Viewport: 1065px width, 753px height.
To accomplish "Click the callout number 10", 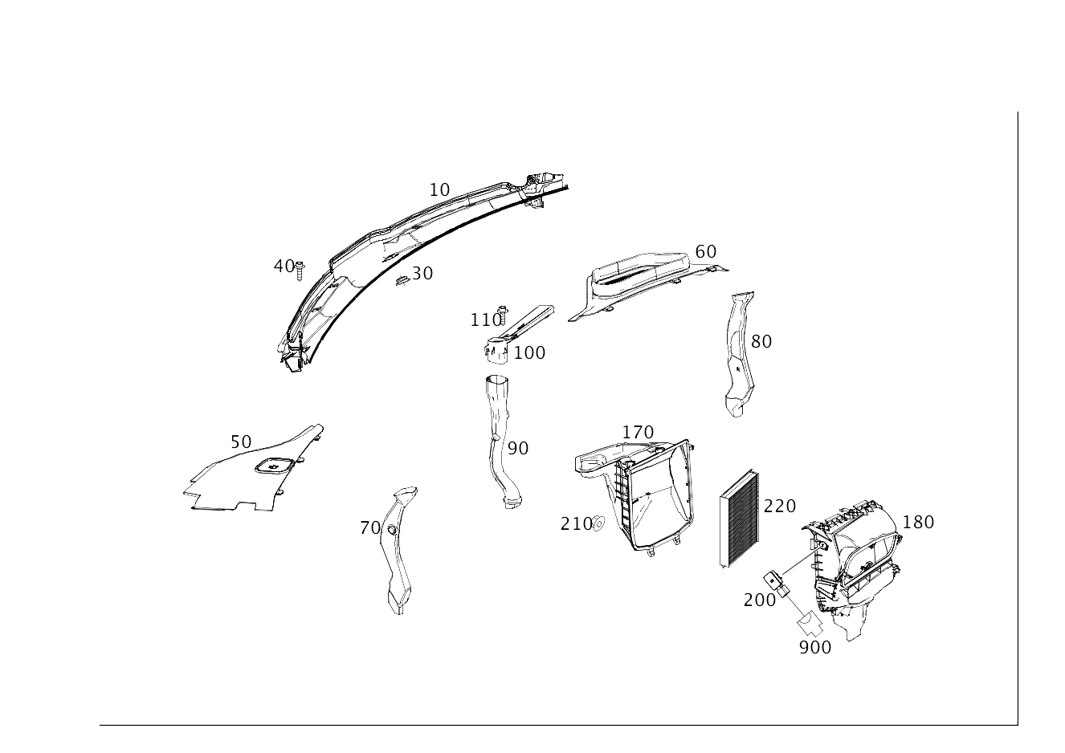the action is (x=439, y=190).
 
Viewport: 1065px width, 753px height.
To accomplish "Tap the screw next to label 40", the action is (x=300, y=271).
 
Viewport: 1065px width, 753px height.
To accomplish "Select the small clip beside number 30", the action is (x=402, y=281).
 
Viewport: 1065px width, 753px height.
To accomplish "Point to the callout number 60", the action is (x=705, y=251).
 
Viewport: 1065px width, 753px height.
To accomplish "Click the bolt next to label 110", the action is (x=503, y=315).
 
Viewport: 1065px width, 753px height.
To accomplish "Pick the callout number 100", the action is (x=529, y=353).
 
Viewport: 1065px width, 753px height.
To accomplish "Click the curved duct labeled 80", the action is (x=740, y=354).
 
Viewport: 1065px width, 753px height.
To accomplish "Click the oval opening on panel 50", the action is (x=274, y=466).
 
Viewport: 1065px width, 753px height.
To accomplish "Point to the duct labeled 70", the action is (x=398, y=551).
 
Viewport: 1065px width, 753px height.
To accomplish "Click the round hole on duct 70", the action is (x=392, y=529).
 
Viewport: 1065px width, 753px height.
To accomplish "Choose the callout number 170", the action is (x=638, y=433).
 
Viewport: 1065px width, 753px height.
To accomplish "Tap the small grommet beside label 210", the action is (x=598, y=523).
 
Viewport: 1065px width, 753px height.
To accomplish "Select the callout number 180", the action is (x=918, y=522).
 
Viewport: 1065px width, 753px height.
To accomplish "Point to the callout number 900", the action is (x=815, y=648).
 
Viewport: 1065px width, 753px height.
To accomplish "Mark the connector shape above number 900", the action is (x=810, y=625).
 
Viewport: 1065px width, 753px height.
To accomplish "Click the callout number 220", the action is (x=780, y=507).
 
